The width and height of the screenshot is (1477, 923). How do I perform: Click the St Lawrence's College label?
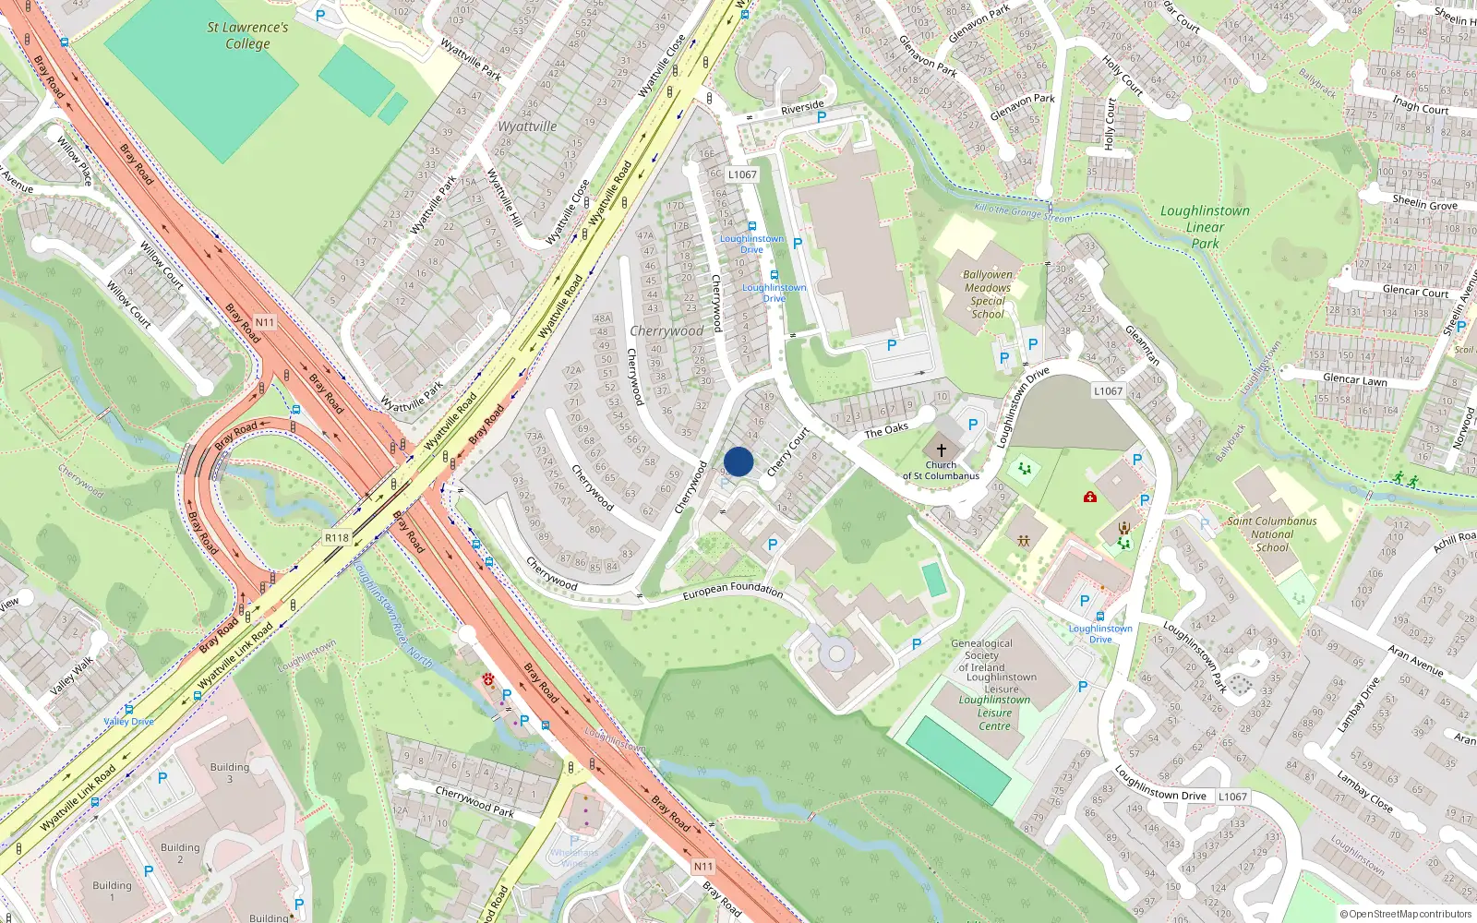click(x=247, y=35)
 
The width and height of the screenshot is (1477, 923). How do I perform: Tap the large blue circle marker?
click(x=738, y=461)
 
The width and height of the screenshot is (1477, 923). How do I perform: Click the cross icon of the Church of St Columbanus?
click(x=942, y=450)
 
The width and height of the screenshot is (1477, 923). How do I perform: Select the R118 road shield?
click(x=337, y=538)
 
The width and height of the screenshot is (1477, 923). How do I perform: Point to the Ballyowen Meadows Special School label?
click(x=988, y=294)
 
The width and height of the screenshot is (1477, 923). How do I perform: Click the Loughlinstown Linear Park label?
click(x=1205, y=227)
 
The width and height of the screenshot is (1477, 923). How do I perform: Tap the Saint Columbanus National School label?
click(x=1272, y=533)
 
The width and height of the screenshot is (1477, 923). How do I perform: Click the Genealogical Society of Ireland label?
click(x=981, y=655)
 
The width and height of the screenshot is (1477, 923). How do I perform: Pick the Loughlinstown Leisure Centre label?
click(x=994, y=713)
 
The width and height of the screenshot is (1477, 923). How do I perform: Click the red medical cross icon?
click(x=1090, y=497)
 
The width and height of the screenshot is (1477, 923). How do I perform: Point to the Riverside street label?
click(x=801, y=108)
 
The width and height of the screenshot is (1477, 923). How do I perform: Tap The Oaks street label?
click(x=886, y=430)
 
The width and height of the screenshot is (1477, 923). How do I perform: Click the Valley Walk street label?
click(x=72, y=677)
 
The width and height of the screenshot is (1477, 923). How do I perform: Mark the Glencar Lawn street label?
click(x=1354, y=379)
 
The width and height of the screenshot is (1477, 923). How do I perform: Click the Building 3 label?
click(x=230, y=773)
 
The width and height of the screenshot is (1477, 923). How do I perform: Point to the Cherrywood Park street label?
click(x=474, y=800)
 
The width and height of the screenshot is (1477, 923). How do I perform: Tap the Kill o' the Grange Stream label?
click(x=1023, y=212)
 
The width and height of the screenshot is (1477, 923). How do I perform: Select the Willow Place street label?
click(x=74, y=161)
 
